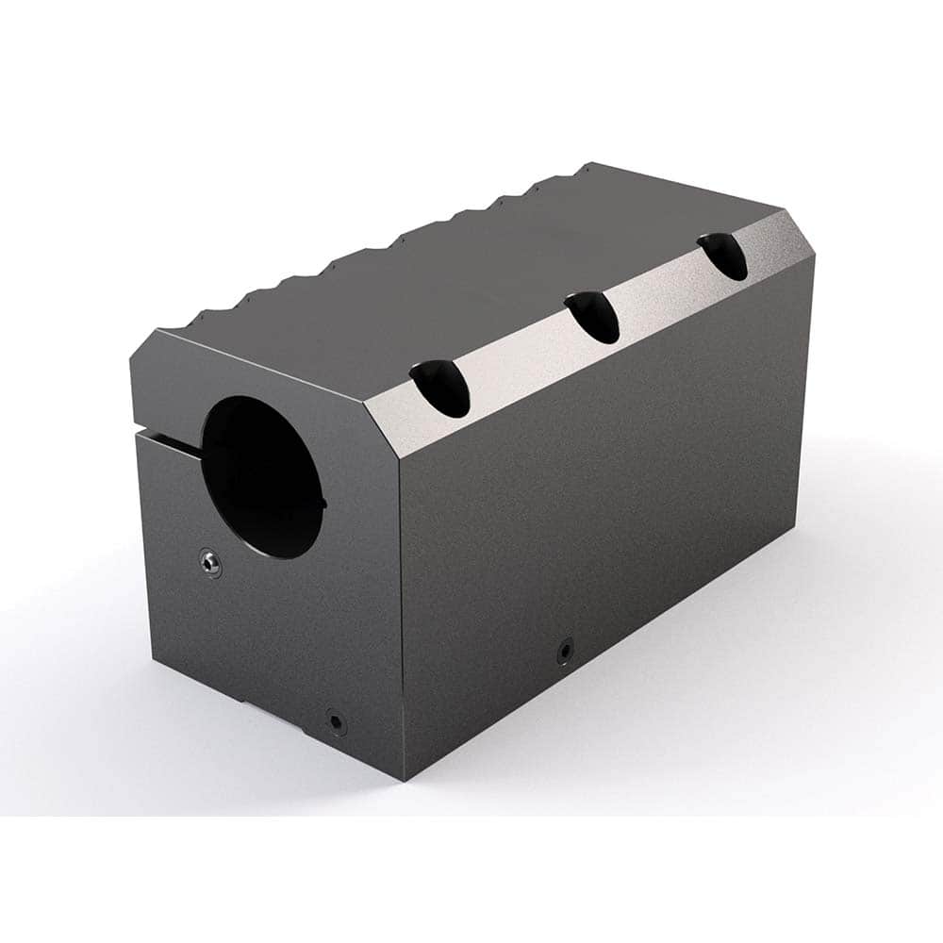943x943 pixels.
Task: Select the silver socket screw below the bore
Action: point(211,564)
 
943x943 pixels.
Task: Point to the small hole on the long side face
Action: point(564,651)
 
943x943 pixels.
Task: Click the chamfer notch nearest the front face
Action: point(440,389)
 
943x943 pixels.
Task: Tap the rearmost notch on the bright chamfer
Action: point(723,256)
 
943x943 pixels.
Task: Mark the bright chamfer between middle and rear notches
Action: point(660,290)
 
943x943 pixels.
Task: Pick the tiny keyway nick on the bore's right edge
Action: point(324,503)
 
